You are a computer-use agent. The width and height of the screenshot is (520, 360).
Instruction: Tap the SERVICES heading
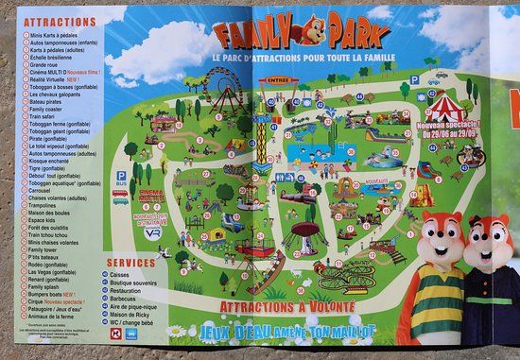click(x=130, y=262)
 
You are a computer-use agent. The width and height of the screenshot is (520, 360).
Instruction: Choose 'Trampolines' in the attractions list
click(x=47, y=204)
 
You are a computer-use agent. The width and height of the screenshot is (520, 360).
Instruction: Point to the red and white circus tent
click(x=445, y=103)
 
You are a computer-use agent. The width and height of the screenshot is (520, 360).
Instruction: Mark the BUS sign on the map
click(x=121, y=174)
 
